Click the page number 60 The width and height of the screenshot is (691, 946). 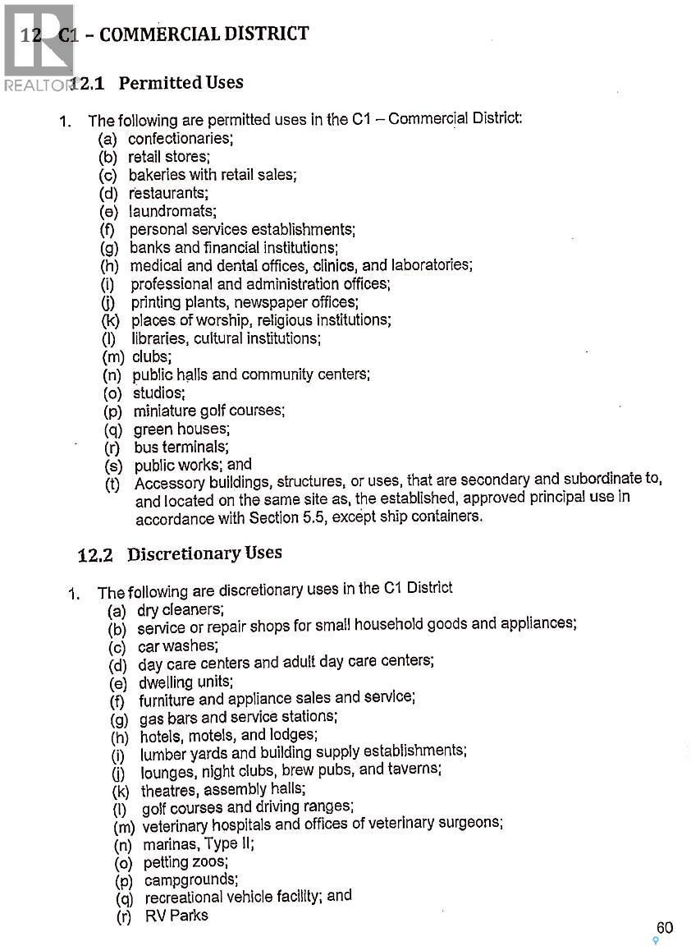[x=664, y=928]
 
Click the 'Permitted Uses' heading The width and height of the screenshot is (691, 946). [x=181, y=83]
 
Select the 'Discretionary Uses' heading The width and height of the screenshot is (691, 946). [x=204, y=553]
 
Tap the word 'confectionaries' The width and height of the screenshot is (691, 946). [x=180, y=139]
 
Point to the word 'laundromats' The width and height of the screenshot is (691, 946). [x=172, y=211]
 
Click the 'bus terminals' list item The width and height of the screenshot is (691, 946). [x=181, y=448]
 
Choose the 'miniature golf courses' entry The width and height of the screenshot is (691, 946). [x=208, y=411]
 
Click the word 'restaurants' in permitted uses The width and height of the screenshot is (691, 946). [x=168, y=193]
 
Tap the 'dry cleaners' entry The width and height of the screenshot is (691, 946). [x=180, y=610]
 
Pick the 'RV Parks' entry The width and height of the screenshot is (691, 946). [x=176, y=916]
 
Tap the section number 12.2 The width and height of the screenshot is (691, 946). [x=94, y=555]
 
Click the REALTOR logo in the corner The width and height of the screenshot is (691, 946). [x=37, y=45]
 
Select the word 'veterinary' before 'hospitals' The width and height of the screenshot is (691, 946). [x=175, y=825]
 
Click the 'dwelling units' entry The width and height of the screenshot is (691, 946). [x=185, y=682]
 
